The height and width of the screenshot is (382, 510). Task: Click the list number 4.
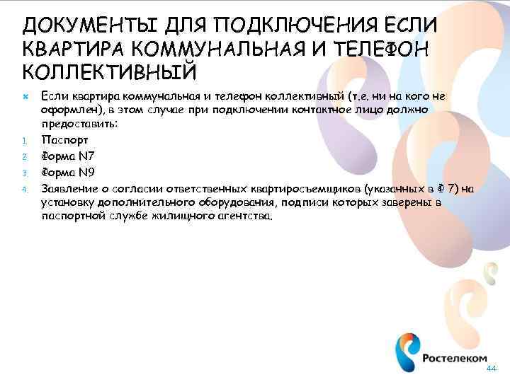pyautogui.click(x=23, y=190)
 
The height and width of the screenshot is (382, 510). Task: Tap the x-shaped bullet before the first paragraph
pyautogui.click(x=23, y=95)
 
